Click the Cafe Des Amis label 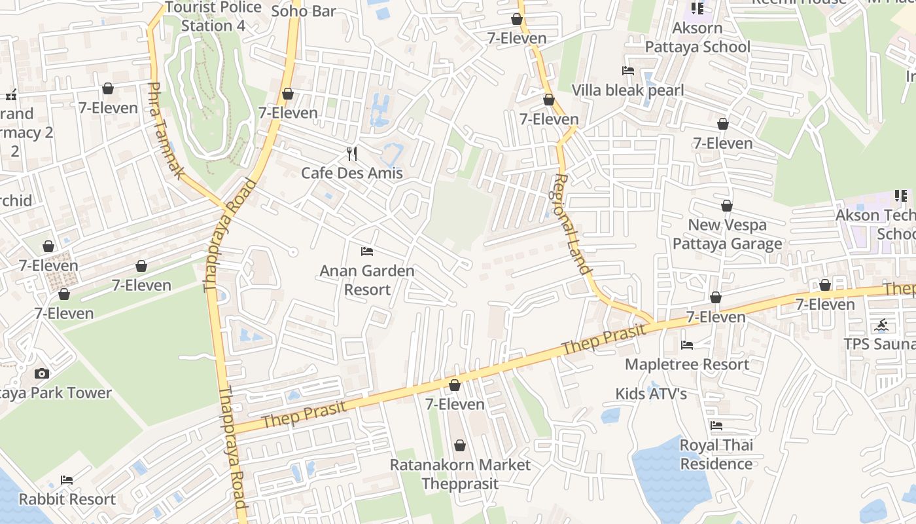click(x=352, y=173)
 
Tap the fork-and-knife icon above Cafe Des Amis click(x=352, y=154)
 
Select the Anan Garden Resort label click(x=367, y=280)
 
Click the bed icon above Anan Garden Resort click(x=367, y=251)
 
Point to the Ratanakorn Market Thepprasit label click(x=460, y=474)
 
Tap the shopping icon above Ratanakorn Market click(x=460, y=446)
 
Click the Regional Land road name click(x=573, y=224)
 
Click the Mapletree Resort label click(x=687, y=364)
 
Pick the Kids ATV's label click(x=651, y=394)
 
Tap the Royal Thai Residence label click(x=716, y=455)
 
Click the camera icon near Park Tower click(x=42, y=374)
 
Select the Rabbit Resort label click(x=67, y=499)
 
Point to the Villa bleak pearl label click(x=627, y=90)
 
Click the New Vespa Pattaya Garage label click(x=727, y=234)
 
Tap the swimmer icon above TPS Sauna click(x=881, y=325)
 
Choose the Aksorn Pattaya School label click(x=697, y=37)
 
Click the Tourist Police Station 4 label click(x=213, y=16)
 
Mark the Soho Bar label click(x=304, y=10)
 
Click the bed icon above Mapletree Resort click(x=687, y=345)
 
